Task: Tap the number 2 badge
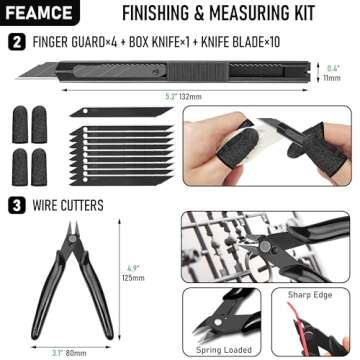pos(15,42)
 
